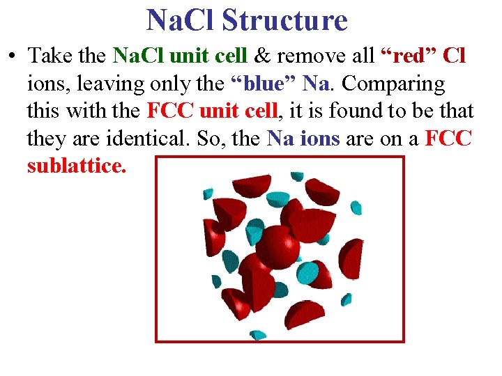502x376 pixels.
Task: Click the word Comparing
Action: pyautogui.click(x=394, y=84)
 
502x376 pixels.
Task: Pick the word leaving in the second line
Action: pyautogui.click(x=101, y=84)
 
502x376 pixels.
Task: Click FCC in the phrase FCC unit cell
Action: pyautogui.click(x=170, y=111)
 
